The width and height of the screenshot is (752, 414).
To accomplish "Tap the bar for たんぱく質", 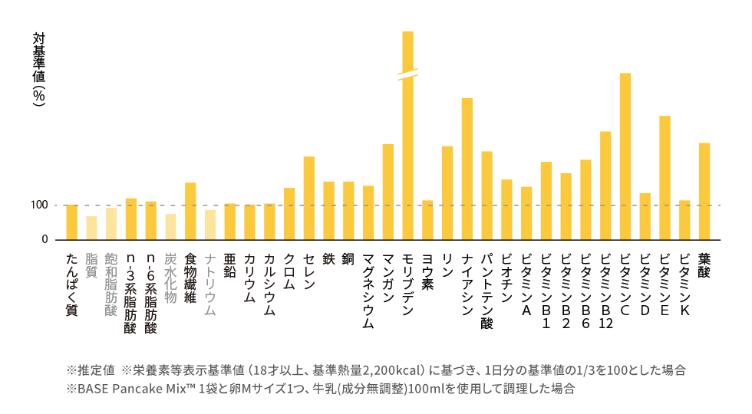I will (72, 222).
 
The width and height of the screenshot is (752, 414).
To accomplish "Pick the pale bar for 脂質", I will (91, 228).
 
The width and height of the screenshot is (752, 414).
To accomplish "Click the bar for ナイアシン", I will (467, 169).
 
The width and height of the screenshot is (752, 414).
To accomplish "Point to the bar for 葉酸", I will (704, 192).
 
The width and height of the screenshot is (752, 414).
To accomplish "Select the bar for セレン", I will (308, 198).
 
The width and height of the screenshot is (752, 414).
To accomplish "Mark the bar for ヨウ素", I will (427, 220).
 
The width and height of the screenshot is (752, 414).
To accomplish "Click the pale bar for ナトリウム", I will (210, 225).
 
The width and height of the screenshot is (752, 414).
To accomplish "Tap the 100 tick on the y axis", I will (40, 205).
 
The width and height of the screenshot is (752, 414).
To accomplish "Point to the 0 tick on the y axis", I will (45, 240).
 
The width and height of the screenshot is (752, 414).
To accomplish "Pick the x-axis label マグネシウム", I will (368, 291).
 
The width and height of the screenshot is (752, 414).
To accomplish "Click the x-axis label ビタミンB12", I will (605, 291).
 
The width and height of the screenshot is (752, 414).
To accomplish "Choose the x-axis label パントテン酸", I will (486, 291).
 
